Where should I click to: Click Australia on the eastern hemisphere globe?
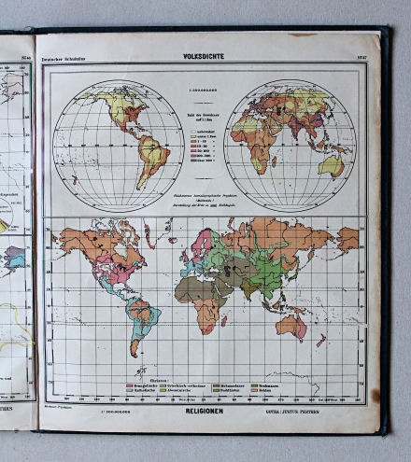tap(331, 165)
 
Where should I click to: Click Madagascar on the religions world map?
tap(224, 321)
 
